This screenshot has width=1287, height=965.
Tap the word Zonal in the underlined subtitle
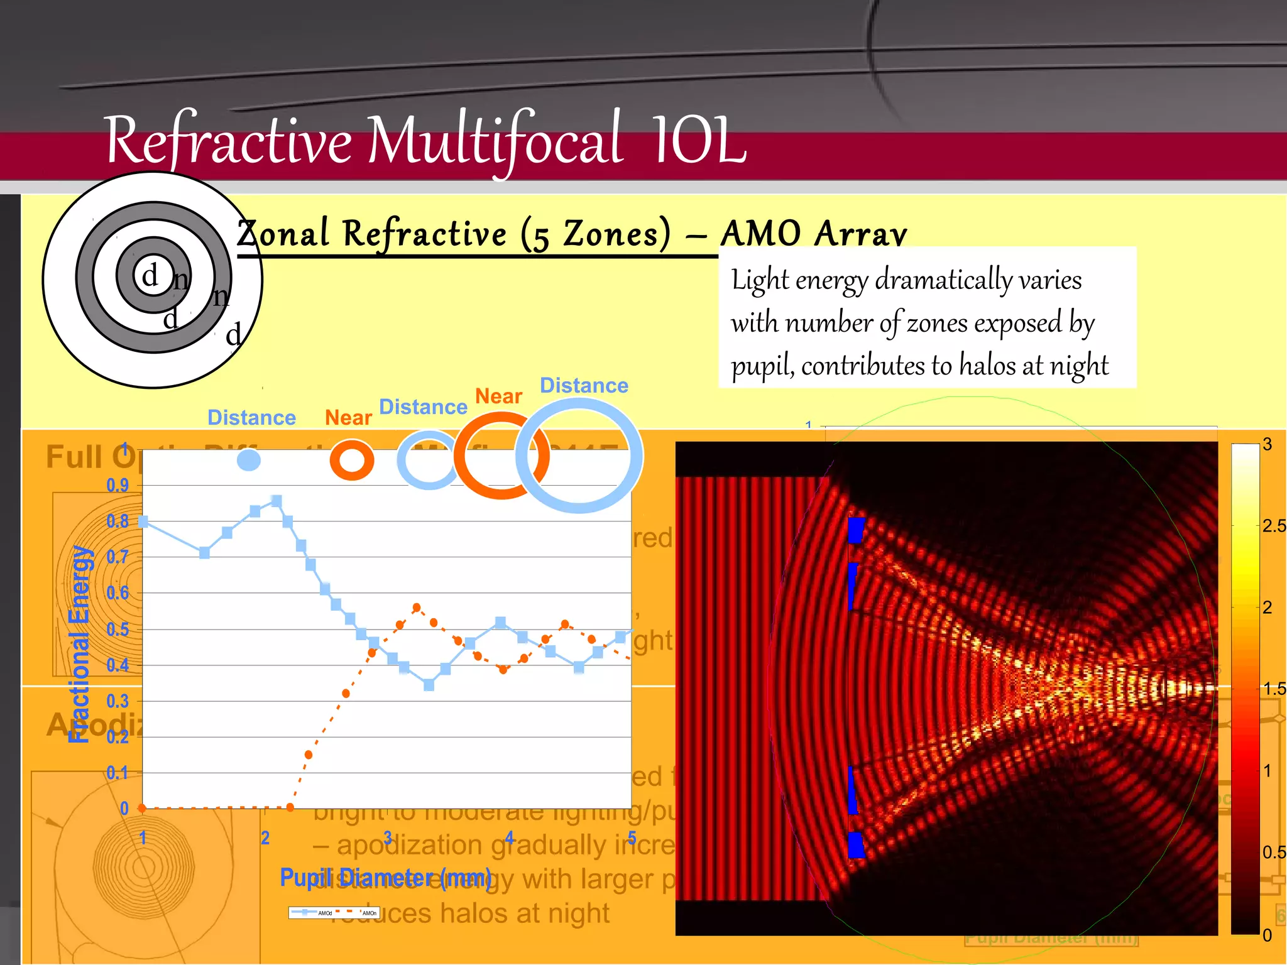click(283, 234)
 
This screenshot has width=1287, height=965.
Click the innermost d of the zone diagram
click(150, 275)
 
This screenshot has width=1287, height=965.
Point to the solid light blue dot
click(249, 460)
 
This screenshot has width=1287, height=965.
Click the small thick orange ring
click(352, 460)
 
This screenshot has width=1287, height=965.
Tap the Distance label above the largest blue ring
click(584, 385)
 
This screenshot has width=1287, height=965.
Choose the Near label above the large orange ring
click(498, 396)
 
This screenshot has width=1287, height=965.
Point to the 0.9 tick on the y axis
click(118, 485)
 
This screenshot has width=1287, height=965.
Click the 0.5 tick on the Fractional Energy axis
click(118, 629)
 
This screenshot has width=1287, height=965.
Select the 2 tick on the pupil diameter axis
click(265, 837)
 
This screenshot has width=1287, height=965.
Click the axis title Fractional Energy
click(80, 644)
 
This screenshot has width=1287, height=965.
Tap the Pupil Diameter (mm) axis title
click(385, 877)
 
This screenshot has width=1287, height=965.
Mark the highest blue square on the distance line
click(276, 501)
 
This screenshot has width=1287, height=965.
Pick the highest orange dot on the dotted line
click(417, 607)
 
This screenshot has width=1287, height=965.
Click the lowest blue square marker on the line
click(429, 685)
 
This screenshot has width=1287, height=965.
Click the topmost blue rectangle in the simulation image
click(856, 530)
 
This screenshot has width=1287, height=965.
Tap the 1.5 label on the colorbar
click(1274, 689)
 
